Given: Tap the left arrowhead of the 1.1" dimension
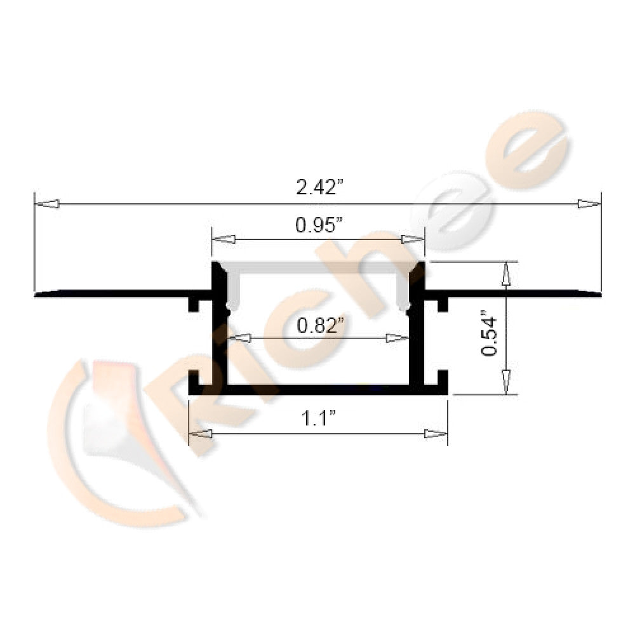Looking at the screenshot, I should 201,434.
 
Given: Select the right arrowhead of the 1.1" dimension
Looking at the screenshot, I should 436,434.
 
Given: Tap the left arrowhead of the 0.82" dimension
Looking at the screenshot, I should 239,338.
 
